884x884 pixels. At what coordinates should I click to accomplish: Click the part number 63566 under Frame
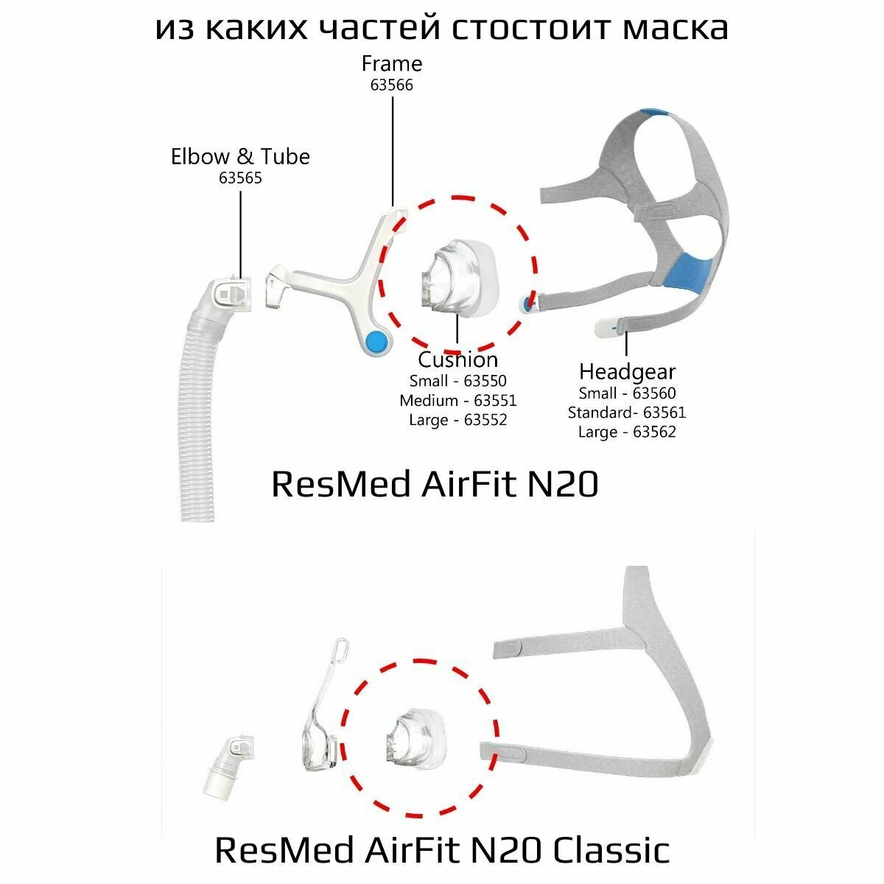(391, 85)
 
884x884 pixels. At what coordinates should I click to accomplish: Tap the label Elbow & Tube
(240, 156)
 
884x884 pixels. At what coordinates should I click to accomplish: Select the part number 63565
(240, 178)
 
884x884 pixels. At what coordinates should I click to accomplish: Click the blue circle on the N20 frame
(376, 340)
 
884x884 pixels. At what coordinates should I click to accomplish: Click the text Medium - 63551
(457, 401)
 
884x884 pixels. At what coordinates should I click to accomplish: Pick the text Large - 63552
(457, 420)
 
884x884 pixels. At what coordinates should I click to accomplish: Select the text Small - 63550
(457, 381)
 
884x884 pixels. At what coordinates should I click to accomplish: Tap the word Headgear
(627, 371)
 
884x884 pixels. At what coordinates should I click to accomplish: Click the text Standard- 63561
(627, 413)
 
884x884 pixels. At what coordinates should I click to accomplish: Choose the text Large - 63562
(627, 432)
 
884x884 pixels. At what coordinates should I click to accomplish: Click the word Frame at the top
(391, 64)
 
